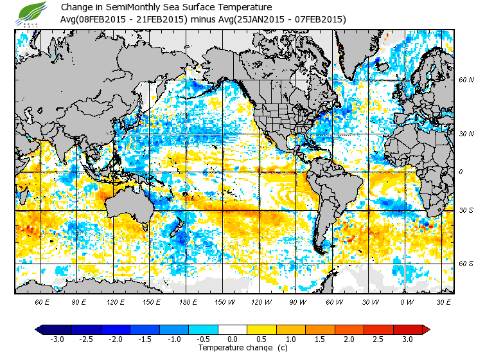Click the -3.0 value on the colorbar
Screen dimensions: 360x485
57,339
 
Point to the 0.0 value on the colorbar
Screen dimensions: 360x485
233,339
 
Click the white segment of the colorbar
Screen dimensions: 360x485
233,329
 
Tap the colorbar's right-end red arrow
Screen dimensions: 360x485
425,329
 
